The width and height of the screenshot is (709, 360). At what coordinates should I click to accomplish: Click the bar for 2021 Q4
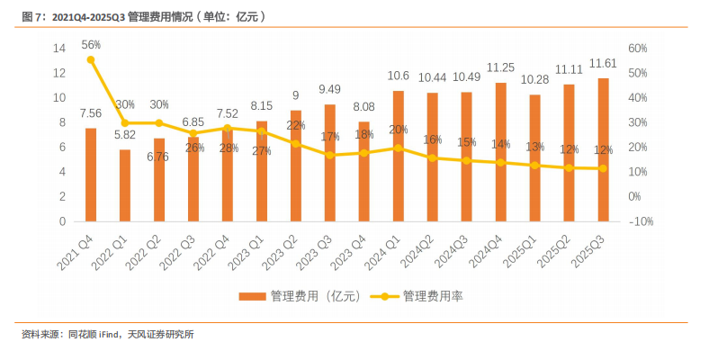click(91, 175)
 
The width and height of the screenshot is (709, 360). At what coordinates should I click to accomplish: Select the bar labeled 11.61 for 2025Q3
click(604, 149)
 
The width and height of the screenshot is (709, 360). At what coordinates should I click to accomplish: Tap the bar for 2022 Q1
click(125, 185)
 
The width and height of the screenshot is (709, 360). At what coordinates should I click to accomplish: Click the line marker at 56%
click(91, 59)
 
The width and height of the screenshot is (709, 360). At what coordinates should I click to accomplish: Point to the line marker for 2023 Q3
click(330, 155)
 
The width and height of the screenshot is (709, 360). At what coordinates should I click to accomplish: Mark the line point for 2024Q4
click(501, 162)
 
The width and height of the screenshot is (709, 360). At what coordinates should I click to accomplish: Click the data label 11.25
click(501, 67)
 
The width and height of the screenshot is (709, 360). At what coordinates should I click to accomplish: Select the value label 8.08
click(364, 104)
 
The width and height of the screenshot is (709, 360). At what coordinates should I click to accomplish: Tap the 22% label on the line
click(297, 125)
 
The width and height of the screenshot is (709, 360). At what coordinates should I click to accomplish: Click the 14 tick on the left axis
click(59, 48)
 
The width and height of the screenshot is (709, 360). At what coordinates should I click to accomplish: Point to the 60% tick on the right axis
click(638, 48)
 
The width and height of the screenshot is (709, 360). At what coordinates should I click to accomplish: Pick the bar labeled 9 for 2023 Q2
click(296, 166)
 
